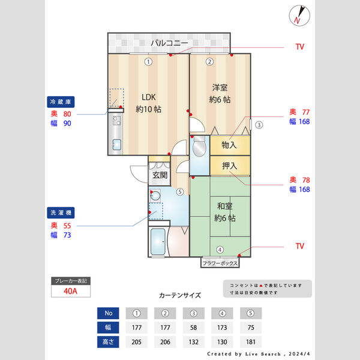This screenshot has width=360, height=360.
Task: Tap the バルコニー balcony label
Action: (x=169, y=43)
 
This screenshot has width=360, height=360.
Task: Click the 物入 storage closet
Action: (x=229, y=145)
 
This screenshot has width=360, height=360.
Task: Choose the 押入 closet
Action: (x=229, y=166)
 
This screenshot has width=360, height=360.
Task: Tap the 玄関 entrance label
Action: (x=159, y=175)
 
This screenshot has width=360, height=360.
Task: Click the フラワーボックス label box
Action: (x=220, y=263)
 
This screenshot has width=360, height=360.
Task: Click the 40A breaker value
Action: (x=70, y=291)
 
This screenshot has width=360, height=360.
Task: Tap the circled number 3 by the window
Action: (x=259, y=125)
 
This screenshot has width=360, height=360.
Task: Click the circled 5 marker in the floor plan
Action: (x=180, y=192)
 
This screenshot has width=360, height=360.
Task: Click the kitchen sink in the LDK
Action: (x=116, y=145)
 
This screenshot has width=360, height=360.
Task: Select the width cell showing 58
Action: (x=193, y=328)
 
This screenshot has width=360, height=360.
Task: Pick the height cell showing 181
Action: (x=251, y=342)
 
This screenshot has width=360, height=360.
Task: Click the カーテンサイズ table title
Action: (x=180, y=295)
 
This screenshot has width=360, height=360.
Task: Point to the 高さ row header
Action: (x=108, y=342)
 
